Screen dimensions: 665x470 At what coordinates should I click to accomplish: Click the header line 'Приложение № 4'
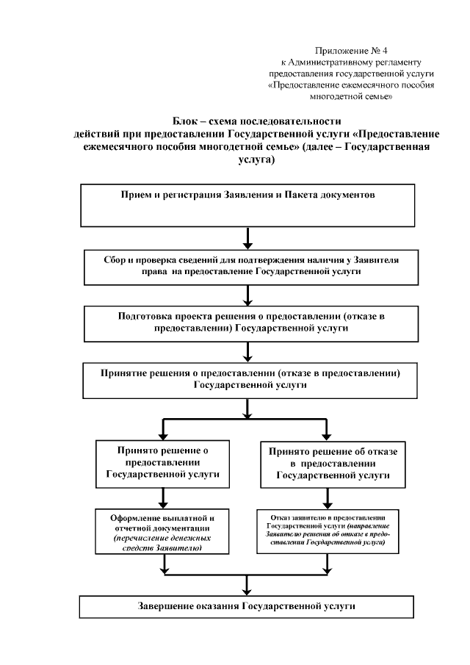[350, 50]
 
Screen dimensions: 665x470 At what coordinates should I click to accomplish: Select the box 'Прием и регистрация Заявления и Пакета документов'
[247, 205]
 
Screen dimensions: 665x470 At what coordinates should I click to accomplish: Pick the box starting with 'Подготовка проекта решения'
[247, 324]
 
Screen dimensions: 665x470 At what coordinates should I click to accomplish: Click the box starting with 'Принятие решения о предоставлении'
[247, 380]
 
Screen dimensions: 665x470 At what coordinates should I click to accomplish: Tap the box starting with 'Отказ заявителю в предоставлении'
[333, 530]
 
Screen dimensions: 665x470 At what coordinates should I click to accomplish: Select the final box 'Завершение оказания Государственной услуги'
[247, 607]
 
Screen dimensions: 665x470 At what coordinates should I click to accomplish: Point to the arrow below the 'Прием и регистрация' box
[248, 239]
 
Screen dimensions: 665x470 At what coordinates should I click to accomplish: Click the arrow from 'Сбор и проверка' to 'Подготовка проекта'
[248, 295]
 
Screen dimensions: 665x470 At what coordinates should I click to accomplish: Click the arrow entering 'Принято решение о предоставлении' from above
[163, 429]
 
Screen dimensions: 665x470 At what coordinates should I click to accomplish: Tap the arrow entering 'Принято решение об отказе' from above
[328, 429]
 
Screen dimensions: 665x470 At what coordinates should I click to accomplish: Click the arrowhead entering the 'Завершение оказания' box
[248, 589]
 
